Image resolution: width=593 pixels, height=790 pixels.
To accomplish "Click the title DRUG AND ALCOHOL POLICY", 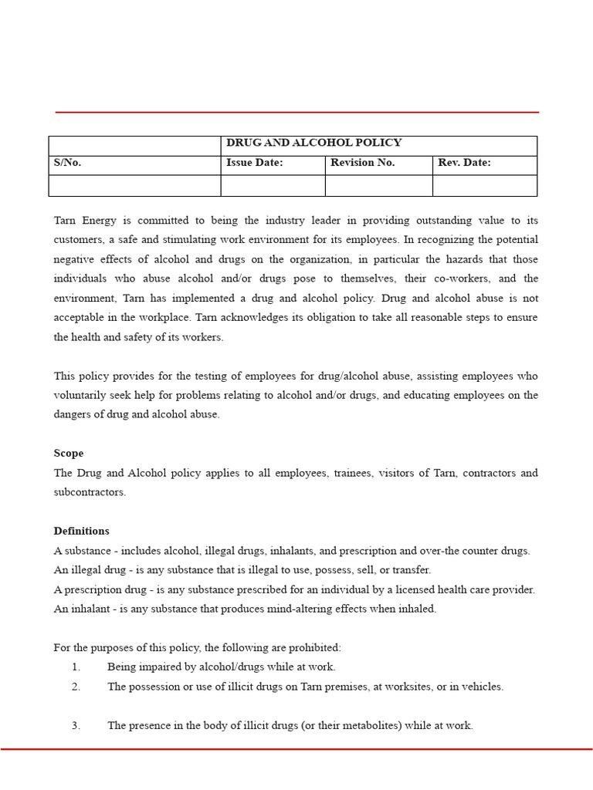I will pyautogui.click(x=313, y=143).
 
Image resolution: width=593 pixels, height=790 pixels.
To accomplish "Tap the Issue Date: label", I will pyautogui.click(x=254, y=163).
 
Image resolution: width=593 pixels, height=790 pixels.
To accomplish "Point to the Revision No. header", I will pyautogui.click(x=362, y=163).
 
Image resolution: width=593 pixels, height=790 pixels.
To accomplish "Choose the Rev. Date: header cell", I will pyautogui.click(x=464, y=163).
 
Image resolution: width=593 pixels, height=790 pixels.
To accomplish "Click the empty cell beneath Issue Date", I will pyautogui.click(x=273, y=186).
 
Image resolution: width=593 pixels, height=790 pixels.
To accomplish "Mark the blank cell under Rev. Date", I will pyautogui.click(x=484, y=186).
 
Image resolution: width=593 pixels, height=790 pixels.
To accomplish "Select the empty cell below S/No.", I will pyautogui.click(x=134, y=186).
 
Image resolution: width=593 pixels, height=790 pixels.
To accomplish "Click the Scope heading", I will pyautogui.click(x=69, y=454).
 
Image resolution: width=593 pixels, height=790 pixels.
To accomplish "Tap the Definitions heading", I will pyautogui.click(x=81, y=532).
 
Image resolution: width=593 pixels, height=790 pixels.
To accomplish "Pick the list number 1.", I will pyautogui.click(x=76, y=667).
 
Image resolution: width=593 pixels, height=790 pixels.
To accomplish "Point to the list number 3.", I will pyautogui.click(x=76, y=726).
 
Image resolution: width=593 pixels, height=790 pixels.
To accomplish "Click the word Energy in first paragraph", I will pyautogui.click(x=106, y=221).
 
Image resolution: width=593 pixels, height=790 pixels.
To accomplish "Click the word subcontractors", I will pyautogui.click(x=89, y=492).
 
